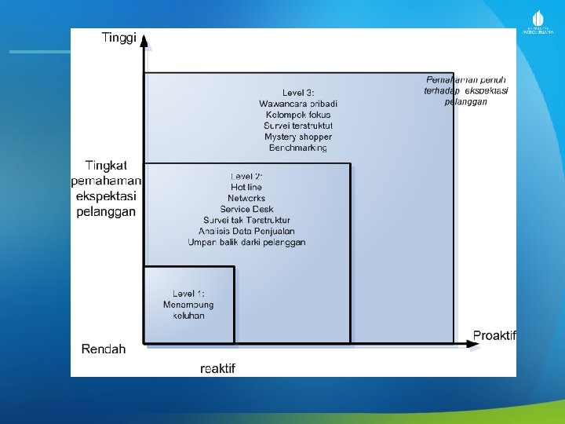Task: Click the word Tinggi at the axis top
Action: click(x=119, y=37)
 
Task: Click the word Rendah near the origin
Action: click(x=104, y=349)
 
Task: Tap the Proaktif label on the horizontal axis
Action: click(x=494, y=335)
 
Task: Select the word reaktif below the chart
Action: click(x=218, y=368)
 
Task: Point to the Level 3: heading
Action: click(x=298, y=93)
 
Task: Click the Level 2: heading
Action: click(x=246, y=176)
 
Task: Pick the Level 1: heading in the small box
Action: click(x=188, y=294)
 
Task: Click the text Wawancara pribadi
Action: click(x=298, y=104)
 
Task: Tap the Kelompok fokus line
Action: click(x=298, y=115)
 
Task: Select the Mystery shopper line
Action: click(x=298, y=137)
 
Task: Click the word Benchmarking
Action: click(x=298, y=148)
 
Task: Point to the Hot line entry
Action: click(x=246, y=187)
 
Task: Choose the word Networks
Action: click(x=246, y=198)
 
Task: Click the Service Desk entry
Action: click(x=246, y=210)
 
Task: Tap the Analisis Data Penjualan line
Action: click(x=246, y=232)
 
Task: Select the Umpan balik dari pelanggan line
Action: click(x=246, y=243)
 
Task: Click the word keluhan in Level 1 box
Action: click(x=188, y=316)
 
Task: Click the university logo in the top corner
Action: click(x=538, y=22)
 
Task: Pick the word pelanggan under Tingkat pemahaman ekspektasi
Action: click(x=106, y=212)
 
